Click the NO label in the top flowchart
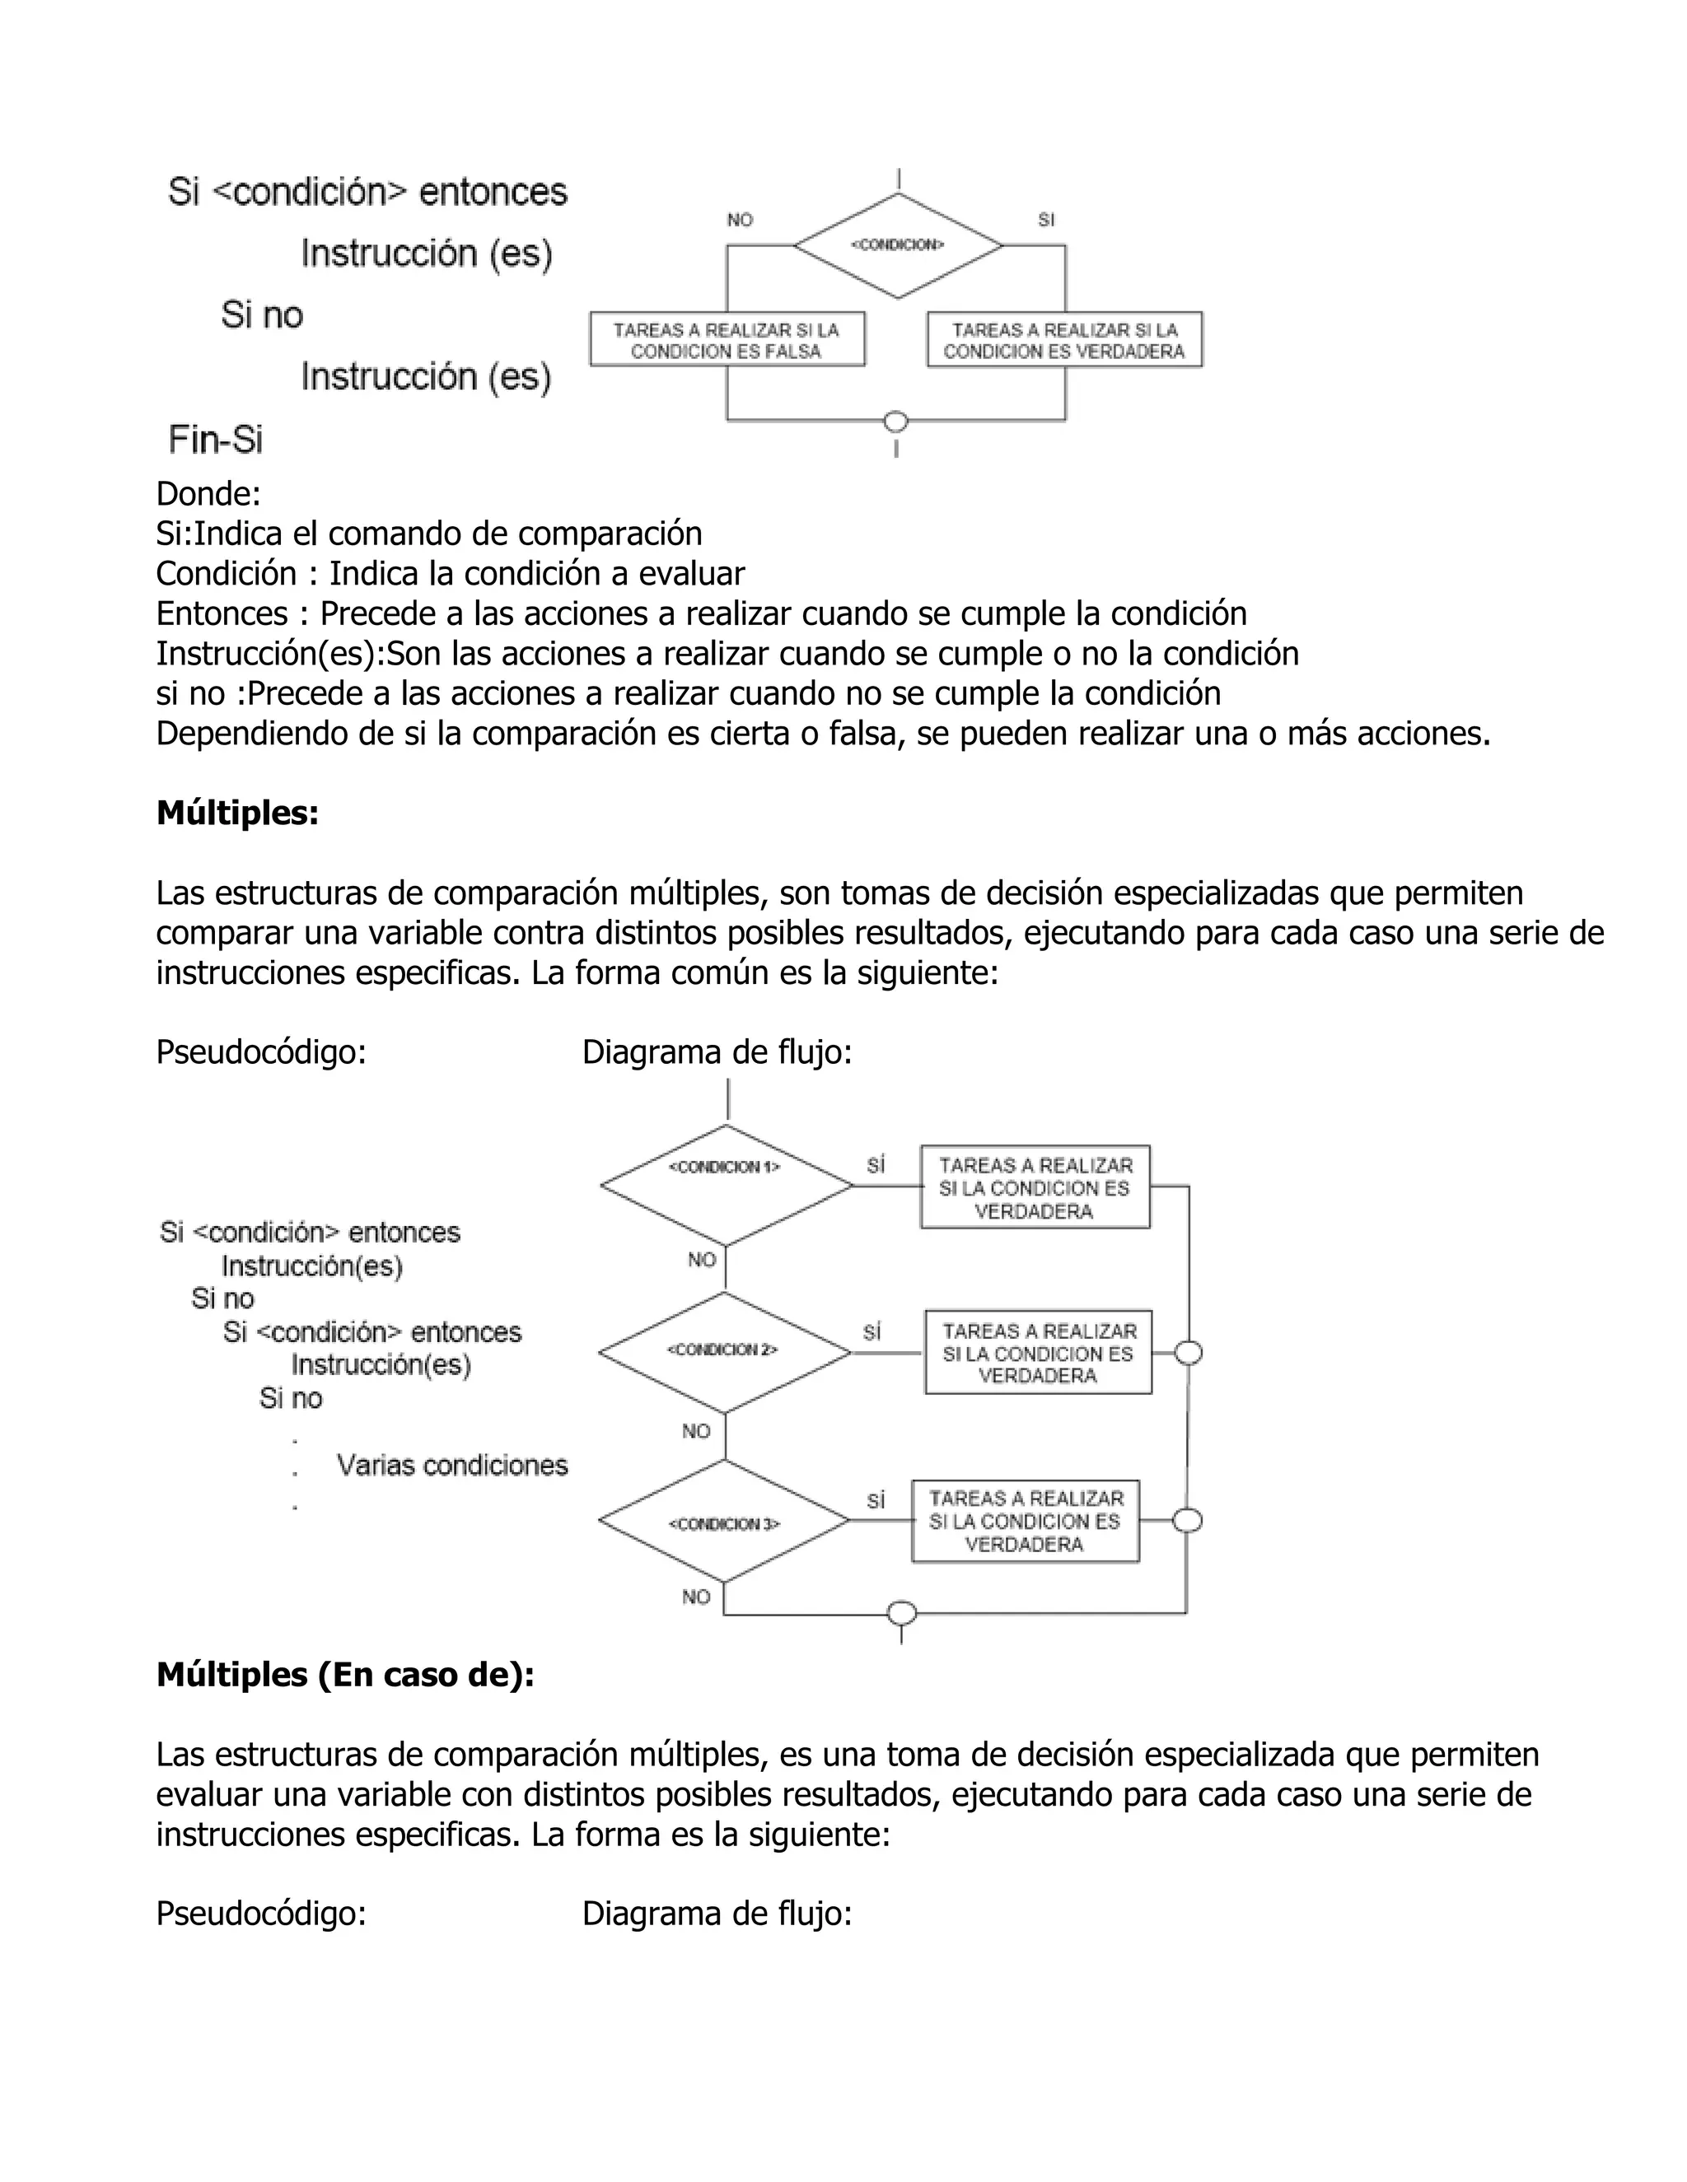click(740, 220)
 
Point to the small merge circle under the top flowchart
click(896, 422)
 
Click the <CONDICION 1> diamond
click(726, 1186)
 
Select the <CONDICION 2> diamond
click(725, 1353)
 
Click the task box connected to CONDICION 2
click(1037, 1353)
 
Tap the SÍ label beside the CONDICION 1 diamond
click(876, 1166)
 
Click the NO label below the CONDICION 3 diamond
click(697, 1597)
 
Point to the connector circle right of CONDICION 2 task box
click(1187, 1353)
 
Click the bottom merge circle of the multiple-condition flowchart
click(901, 1612)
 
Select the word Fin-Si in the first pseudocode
click(216, 440)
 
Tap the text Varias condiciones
click(451, 1466)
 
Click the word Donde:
click(208, 493)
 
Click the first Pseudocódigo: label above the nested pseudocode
click(261, 1052)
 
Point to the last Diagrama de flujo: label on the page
click(717, 1914)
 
